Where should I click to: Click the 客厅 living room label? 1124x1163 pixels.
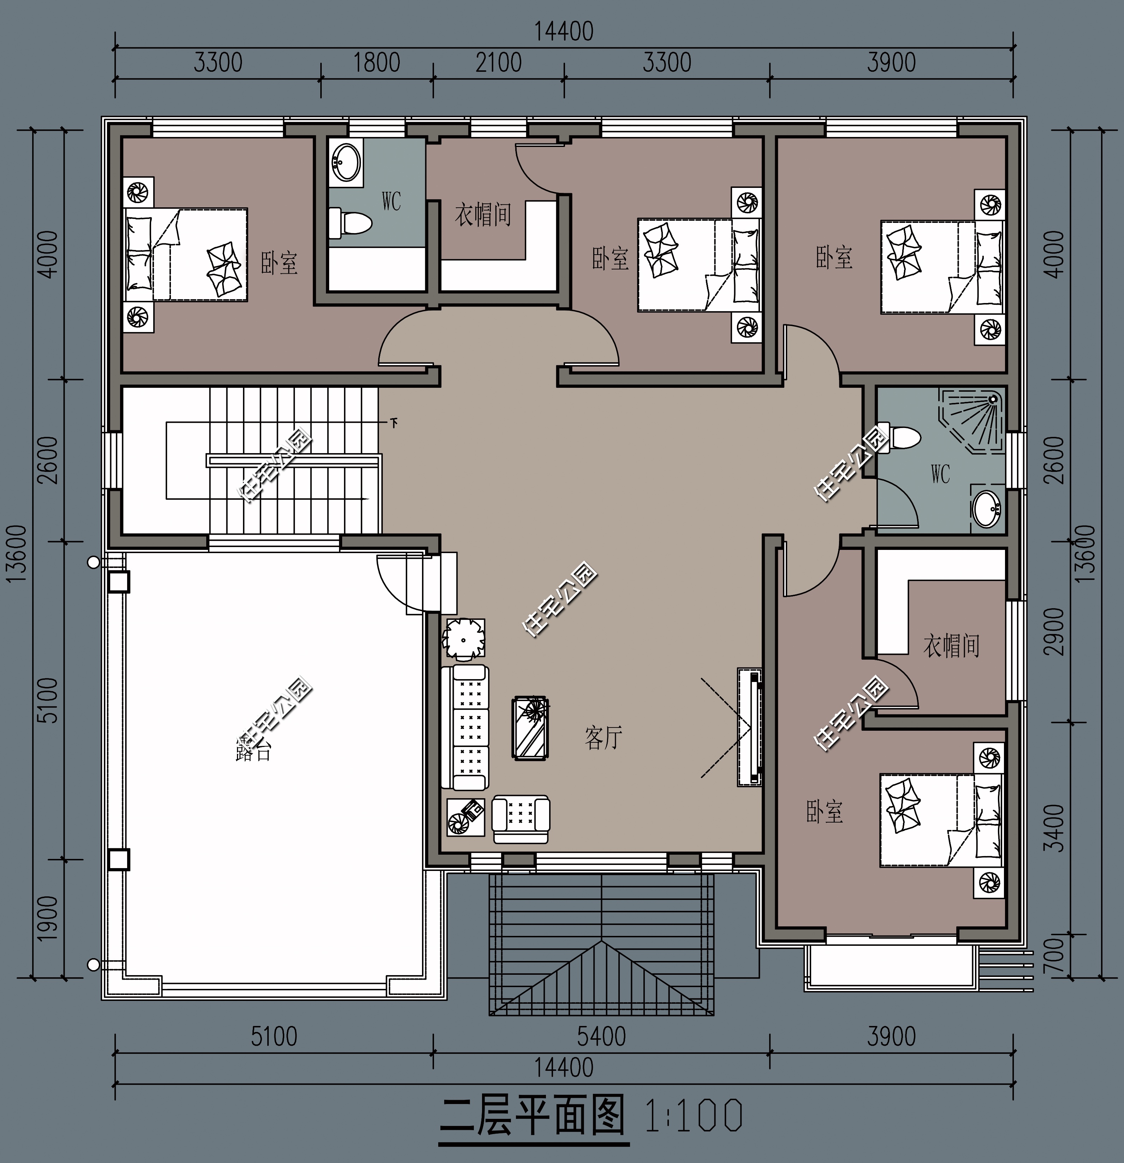(603, 737)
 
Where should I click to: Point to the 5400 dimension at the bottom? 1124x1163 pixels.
(601, 1037)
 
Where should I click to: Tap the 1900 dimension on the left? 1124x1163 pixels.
(47, 918)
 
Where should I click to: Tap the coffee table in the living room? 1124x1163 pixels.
(530, 728)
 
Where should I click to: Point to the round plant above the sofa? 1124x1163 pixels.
(464, 639)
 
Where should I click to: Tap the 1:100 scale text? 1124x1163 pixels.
(693, 1116)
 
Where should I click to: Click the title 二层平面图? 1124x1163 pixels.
(533, 1116)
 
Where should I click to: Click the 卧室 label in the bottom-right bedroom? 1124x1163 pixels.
(825, 812)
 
